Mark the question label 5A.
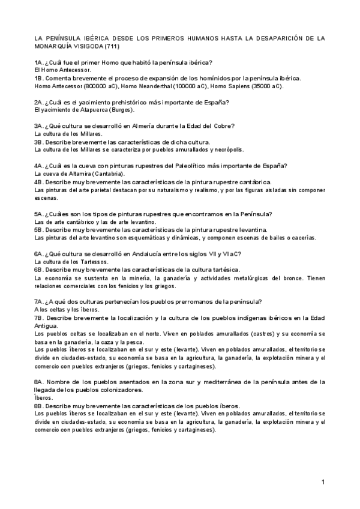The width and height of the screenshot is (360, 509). click(40, 214)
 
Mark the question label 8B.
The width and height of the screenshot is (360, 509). click(40, 405)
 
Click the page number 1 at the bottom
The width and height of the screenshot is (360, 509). click(323, 482)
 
